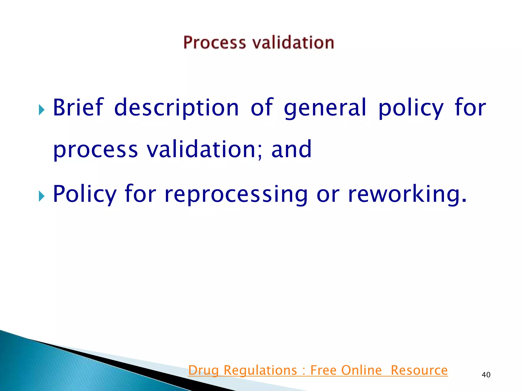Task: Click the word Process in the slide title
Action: [x=215, y=43]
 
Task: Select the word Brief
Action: [x=78, y=107]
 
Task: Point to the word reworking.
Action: [x=407, y=194]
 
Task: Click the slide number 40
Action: [x=486, y=375]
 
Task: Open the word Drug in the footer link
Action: [x=203, y=370]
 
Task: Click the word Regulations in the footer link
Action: [x=260, y=370]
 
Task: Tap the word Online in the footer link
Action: [x=361, y=370]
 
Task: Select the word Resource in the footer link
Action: [x=419, y=370]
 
